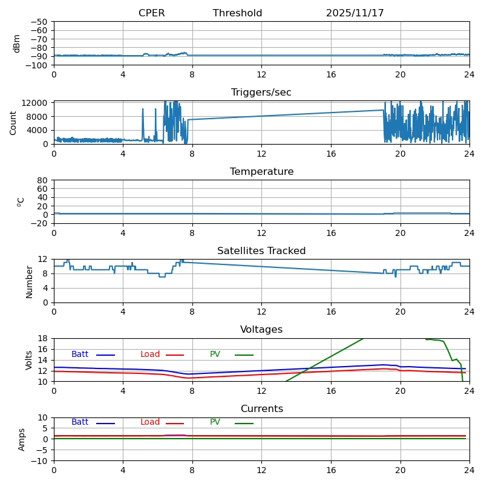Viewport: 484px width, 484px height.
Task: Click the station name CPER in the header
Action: coord(151,13)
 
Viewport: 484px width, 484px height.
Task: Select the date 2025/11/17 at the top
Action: coord(355,13)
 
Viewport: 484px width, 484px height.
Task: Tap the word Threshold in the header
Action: coord(237,13)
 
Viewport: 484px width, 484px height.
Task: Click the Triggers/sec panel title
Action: coord(261,93)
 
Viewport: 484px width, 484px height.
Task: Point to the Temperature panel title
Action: coord(261,172)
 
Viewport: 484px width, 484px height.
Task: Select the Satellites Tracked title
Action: coord(261,251)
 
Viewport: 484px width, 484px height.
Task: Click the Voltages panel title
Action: coord(261,330)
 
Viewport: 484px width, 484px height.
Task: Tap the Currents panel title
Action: coord(261,409)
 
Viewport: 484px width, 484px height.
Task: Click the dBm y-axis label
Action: coord(17,43)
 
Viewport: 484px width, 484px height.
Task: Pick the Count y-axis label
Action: coord(13,122)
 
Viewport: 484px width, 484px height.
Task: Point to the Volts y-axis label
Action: coord(29,360)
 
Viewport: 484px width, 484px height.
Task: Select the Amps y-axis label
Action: coord(22,439)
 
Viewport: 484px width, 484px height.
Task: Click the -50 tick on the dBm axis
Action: coord(39,22)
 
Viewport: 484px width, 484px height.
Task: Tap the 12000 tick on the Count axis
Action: coord(36,103)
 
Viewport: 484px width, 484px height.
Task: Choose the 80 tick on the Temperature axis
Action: coord(43,180)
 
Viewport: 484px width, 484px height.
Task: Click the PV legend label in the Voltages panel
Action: coord(215,355)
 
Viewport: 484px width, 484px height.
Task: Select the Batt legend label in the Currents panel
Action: coord(80,422)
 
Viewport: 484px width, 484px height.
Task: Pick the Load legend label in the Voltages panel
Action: coord(150,355)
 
